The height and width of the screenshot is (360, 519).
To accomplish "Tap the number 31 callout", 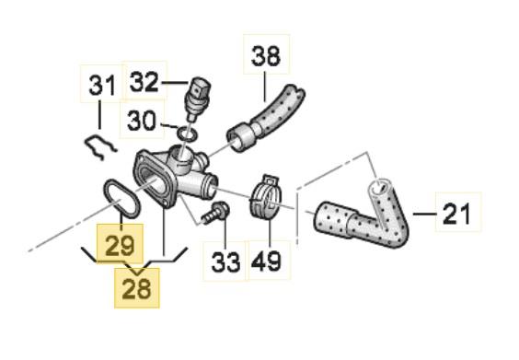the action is tap(103, 85).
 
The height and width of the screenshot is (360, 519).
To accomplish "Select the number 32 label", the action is tap(144, 81).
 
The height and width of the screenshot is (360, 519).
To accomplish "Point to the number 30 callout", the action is tap(142, 120).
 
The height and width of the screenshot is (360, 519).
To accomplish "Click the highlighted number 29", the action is tap(120, 244).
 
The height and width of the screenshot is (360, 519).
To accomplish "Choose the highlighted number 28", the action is tap(137, 288).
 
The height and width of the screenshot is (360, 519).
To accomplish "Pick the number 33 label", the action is tap(225, 262).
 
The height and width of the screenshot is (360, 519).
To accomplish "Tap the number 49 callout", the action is tap(267, 261).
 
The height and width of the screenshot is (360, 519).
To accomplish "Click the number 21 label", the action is tap(456, 213).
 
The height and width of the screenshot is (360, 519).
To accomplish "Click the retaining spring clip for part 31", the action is tap(99, 147).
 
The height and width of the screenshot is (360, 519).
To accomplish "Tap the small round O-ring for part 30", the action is tap(188, 134).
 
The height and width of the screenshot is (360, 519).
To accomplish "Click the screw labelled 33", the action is tap(215, 213).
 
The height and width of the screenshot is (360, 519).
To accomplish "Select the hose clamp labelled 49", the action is tap(267, 197).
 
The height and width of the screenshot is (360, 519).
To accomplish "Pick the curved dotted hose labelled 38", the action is tap(265, 118).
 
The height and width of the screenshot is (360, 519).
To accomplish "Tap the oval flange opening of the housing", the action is tap(155, 181).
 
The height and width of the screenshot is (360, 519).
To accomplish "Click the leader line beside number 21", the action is tap(424, 214).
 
